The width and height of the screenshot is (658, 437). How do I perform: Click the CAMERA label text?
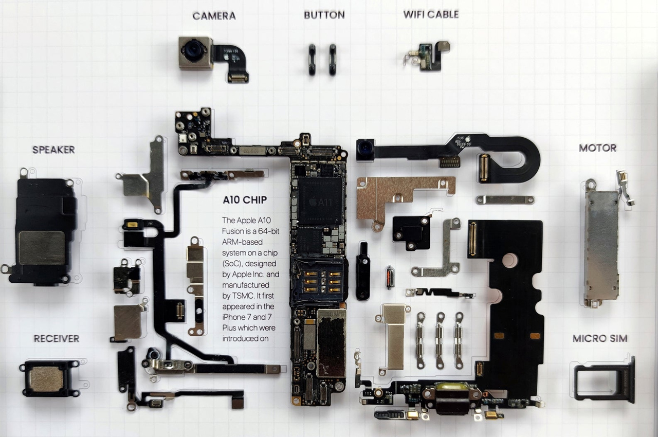[x=214, y=16]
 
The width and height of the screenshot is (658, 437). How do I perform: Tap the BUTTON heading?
[x=324, y=15]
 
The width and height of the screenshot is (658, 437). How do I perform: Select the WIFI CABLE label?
[x=431, y=14]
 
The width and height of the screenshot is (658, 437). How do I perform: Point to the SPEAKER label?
[x=53, y=150]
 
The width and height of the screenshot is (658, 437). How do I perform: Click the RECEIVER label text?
[x=57, y=338]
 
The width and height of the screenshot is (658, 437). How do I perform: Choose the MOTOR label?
[x=597, y=148]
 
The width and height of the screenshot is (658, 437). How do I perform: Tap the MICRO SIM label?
[x=600, y=338]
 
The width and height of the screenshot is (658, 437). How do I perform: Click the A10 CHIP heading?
[x=245, y=199]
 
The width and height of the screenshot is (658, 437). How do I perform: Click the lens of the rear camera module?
[x=194, y=50]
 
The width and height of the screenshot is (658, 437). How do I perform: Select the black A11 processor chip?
[x=320, y=201]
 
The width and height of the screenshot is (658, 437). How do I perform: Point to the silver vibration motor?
[x=601, y=245]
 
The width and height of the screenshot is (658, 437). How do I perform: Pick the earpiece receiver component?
[x=47, y=379]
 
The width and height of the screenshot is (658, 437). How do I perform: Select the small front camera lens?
[x=364, y=150]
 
